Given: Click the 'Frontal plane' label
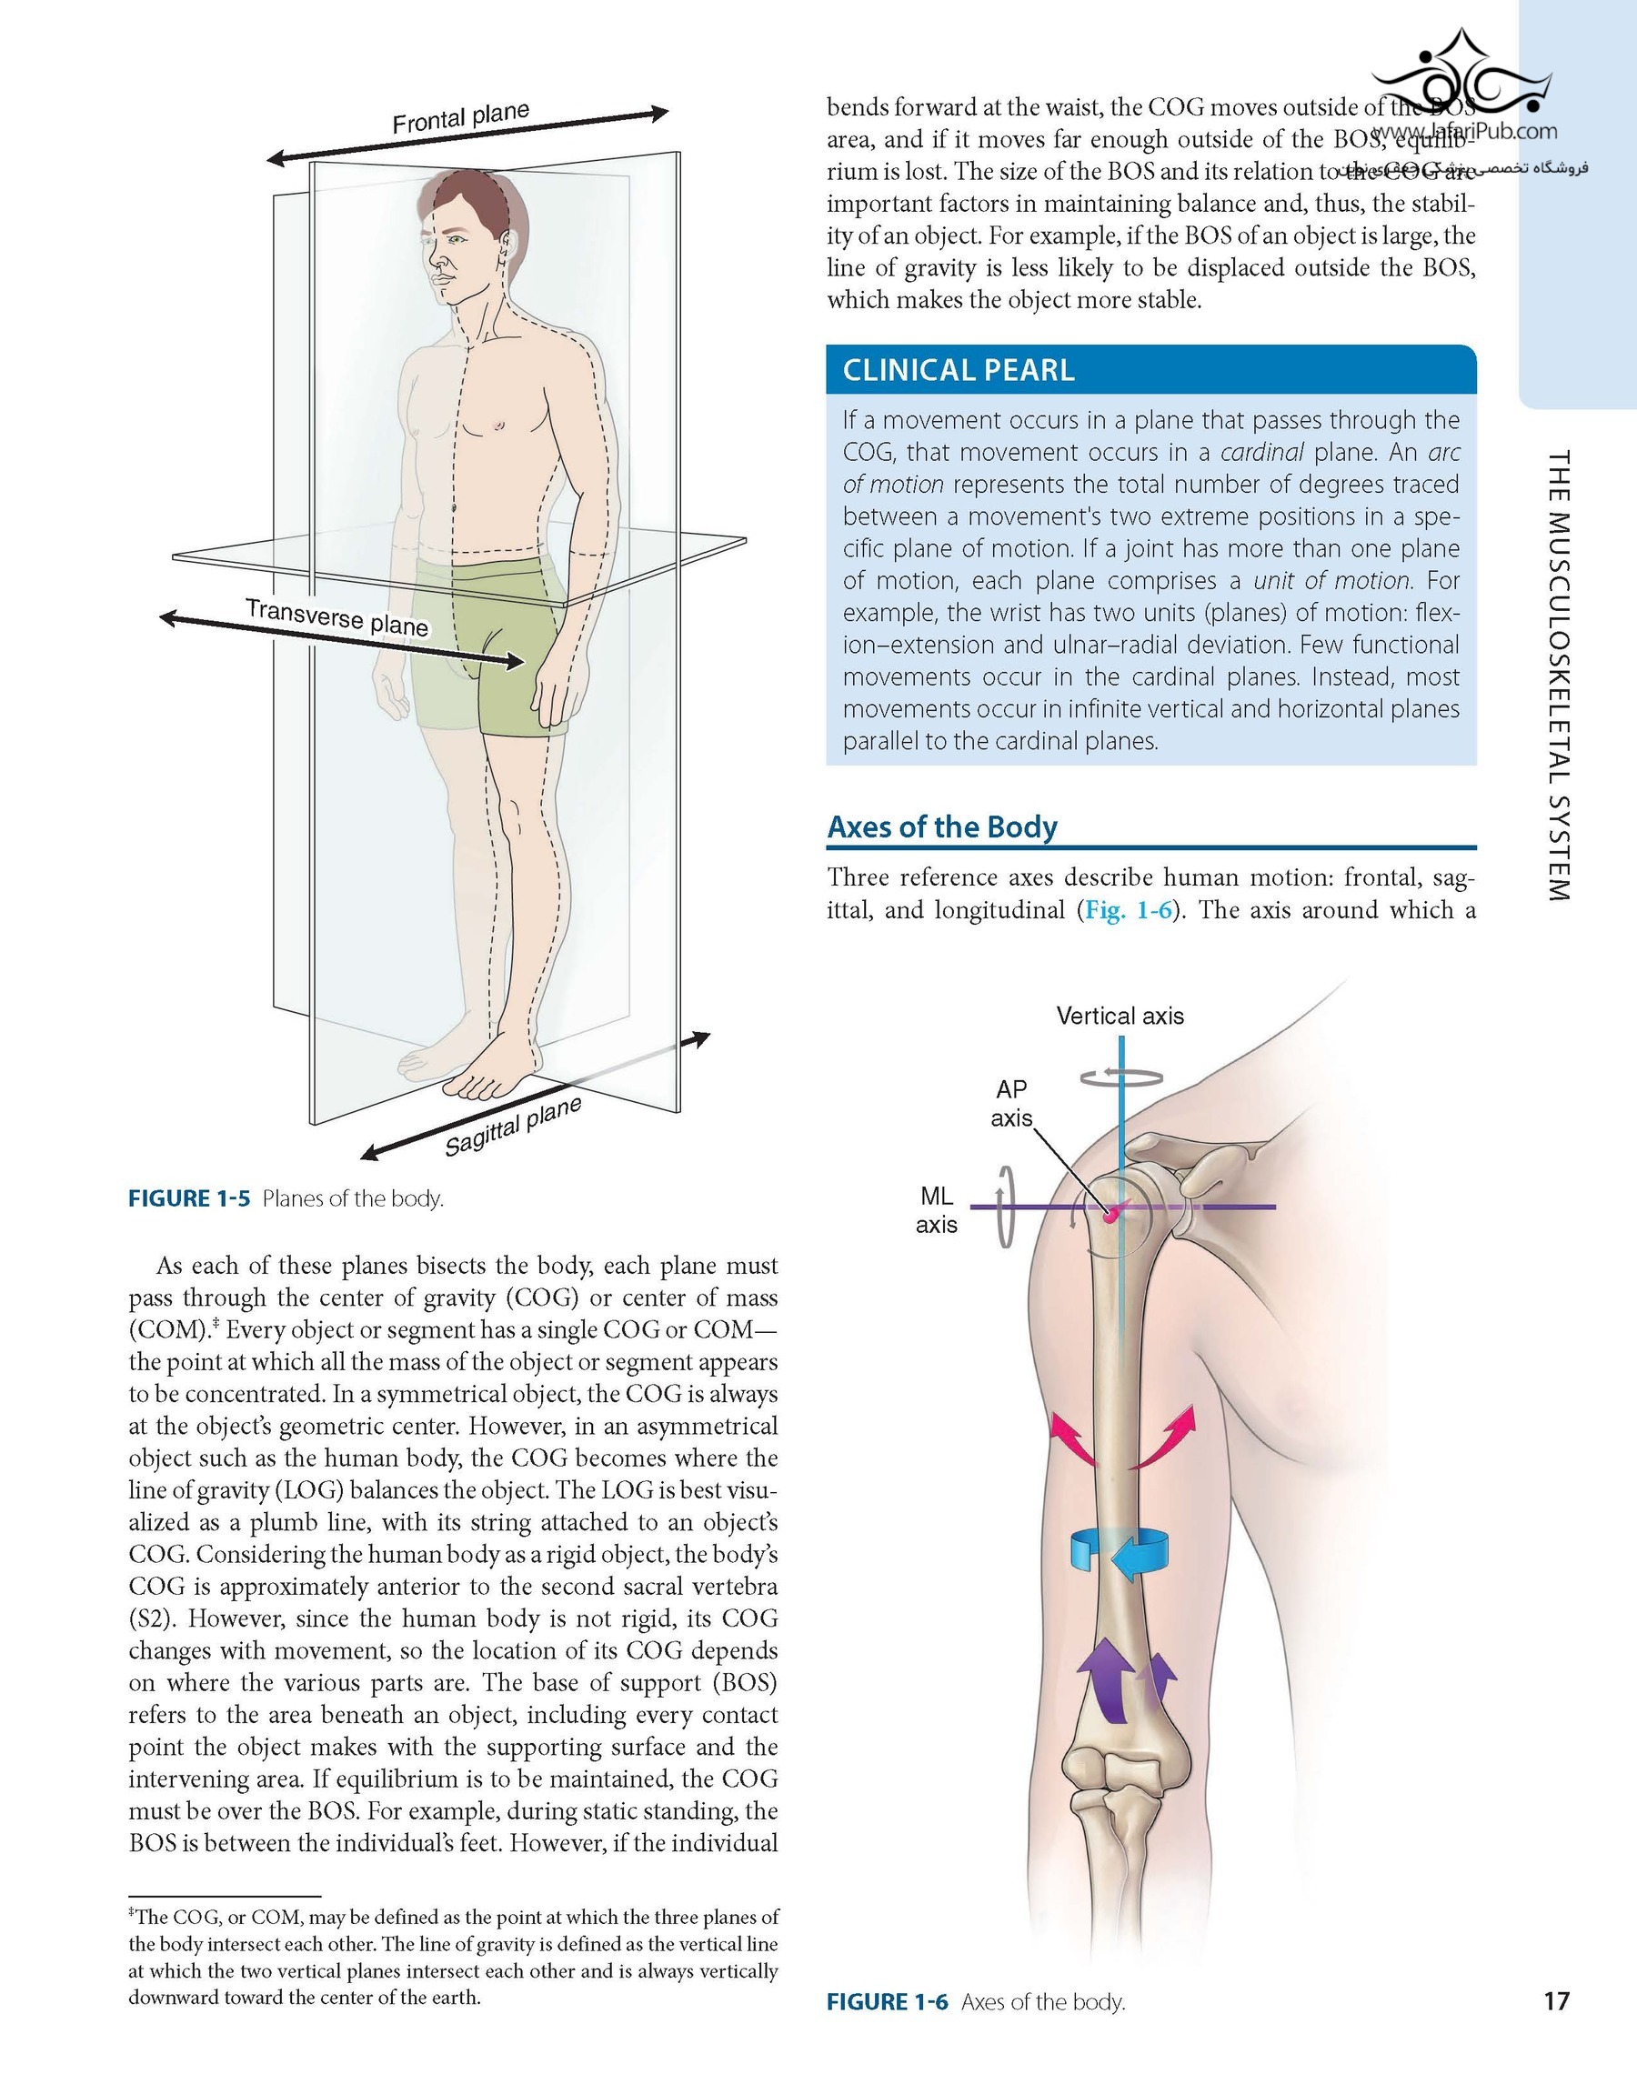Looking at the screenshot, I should click(x=460, y=118).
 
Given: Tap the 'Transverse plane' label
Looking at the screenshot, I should click(x=336, y=616).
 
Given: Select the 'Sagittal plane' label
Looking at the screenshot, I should click(x=513, y=1127).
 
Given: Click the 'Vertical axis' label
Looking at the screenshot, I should click(x=1120, y=1017).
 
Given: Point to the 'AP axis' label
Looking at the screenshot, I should click(x=1010, y=1103).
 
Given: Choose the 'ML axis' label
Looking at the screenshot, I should click(x=936, y=1210).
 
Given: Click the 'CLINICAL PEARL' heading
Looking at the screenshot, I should click(x=958, y=370).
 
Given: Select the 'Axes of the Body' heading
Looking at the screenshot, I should click(x=942, y=827).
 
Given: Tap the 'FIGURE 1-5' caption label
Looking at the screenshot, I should click(x=189, y=1198).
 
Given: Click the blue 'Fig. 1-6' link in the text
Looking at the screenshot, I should click(x=1128, y=910).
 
